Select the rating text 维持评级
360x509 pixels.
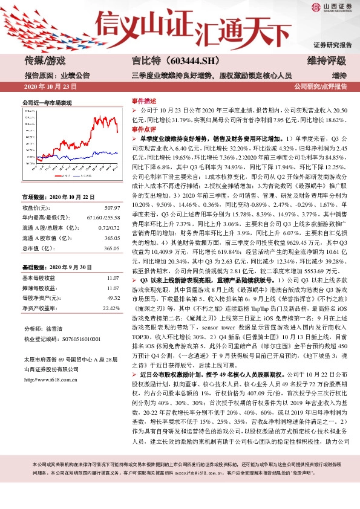[327, 61]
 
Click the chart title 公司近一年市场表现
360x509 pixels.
[47, 103]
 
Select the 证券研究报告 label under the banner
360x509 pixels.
[332, 45]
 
